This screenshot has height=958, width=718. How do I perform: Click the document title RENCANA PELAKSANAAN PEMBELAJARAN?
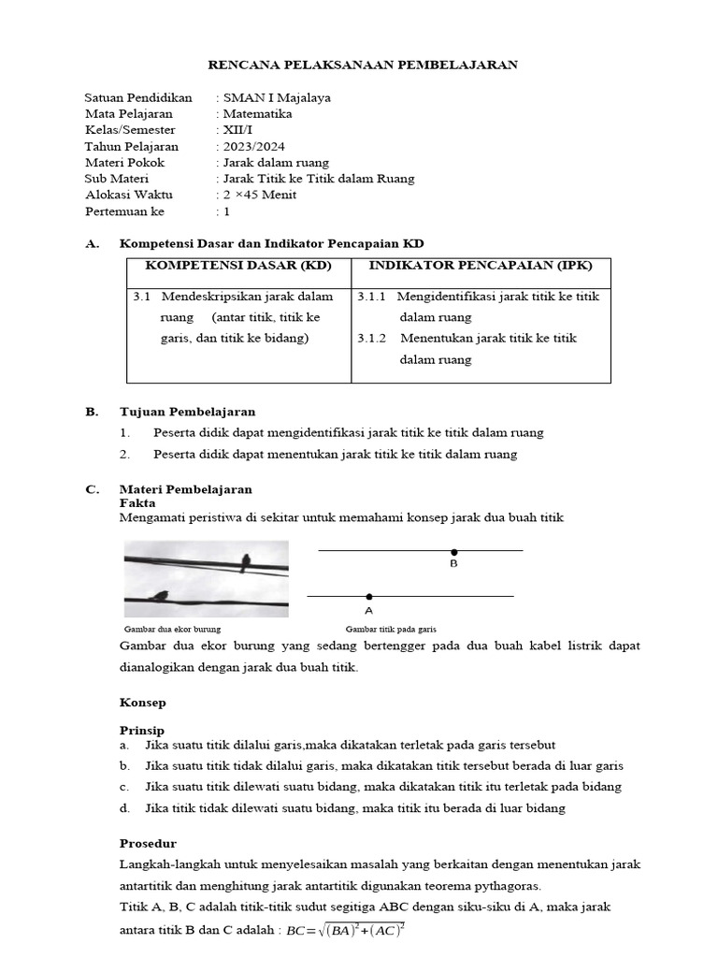pyautogui.click(x=361, y=65)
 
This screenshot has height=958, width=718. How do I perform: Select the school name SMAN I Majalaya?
pyautogui.click(x=276, y=97)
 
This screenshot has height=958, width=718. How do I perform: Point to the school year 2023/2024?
pyautogui.click(x=253, y=147)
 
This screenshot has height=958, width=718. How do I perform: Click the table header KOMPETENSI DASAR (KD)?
pyautogui.click(x=238, y=266)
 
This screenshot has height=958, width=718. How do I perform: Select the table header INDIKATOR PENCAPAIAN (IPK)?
pyautogui.click(x=481, y=266)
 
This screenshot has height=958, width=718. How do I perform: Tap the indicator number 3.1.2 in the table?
pyautogui.click(x=372, y=339)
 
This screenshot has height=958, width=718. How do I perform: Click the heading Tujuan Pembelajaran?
pyautogui.click(x=187, y=412)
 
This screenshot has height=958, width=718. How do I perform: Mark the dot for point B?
pyautogui.click(x=454, y=552)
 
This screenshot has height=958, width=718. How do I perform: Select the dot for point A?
pyautogui.click(x=369, y=596)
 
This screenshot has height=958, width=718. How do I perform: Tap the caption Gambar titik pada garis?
pyautogui.click(x=391, y=630)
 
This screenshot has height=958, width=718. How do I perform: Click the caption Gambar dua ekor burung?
pyautogui.click(x=172, y=630)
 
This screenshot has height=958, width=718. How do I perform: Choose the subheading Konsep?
pyautogui.click(x=142, y=701)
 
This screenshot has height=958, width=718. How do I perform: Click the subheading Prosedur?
pyautogui.click(x=148, y=843)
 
